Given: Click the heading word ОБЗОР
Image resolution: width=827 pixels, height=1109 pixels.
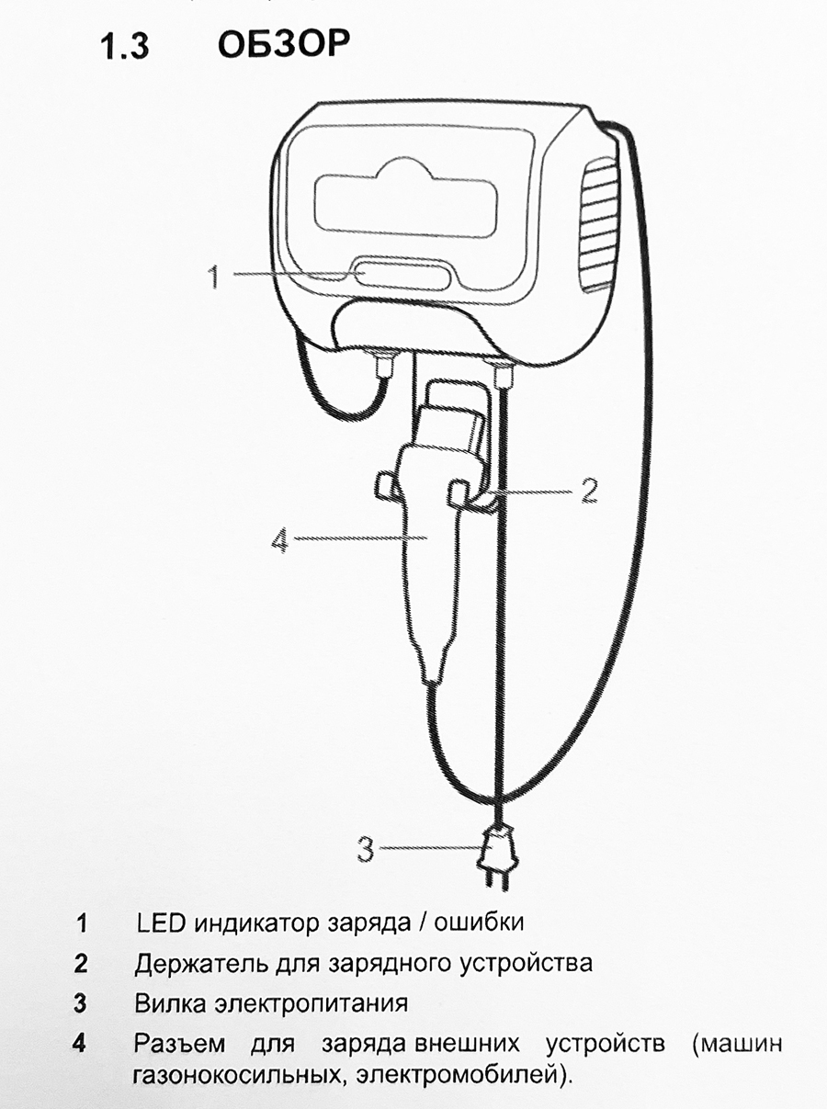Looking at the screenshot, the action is click(x=283, y=43).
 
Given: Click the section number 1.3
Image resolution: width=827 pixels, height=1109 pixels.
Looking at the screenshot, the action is click(x=125, y=46).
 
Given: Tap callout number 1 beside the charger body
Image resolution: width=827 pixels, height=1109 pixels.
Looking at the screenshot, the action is click(x=214, y=277).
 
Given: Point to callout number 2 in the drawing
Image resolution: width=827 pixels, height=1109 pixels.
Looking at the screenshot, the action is click(x=589, y=490).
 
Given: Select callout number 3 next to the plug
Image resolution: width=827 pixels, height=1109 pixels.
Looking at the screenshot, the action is click(x=366, y=849).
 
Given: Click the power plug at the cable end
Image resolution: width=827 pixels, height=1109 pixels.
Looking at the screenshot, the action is click(x=498, y=858).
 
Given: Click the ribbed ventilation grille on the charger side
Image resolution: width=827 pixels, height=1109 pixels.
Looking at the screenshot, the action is click(x=600, y=226).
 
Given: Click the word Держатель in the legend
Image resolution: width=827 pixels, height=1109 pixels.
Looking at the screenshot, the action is click(x=201, y=964).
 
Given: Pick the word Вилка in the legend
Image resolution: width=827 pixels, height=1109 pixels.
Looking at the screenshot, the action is click(x=170, y=1003).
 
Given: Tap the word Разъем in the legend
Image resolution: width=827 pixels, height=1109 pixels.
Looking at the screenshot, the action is click(x=179, y=1044).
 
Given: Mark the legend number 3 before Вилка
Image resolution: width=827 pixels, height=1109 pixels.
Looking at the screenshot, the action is click(x=80, y=1003).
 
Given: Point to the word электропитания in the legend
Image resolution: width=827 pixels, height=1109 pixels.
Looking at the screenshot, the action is click(x=311, y=1004).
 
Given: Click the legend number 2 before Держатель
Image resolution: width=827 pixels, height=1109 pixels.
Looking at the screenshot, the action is click(x=81, y=964).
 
